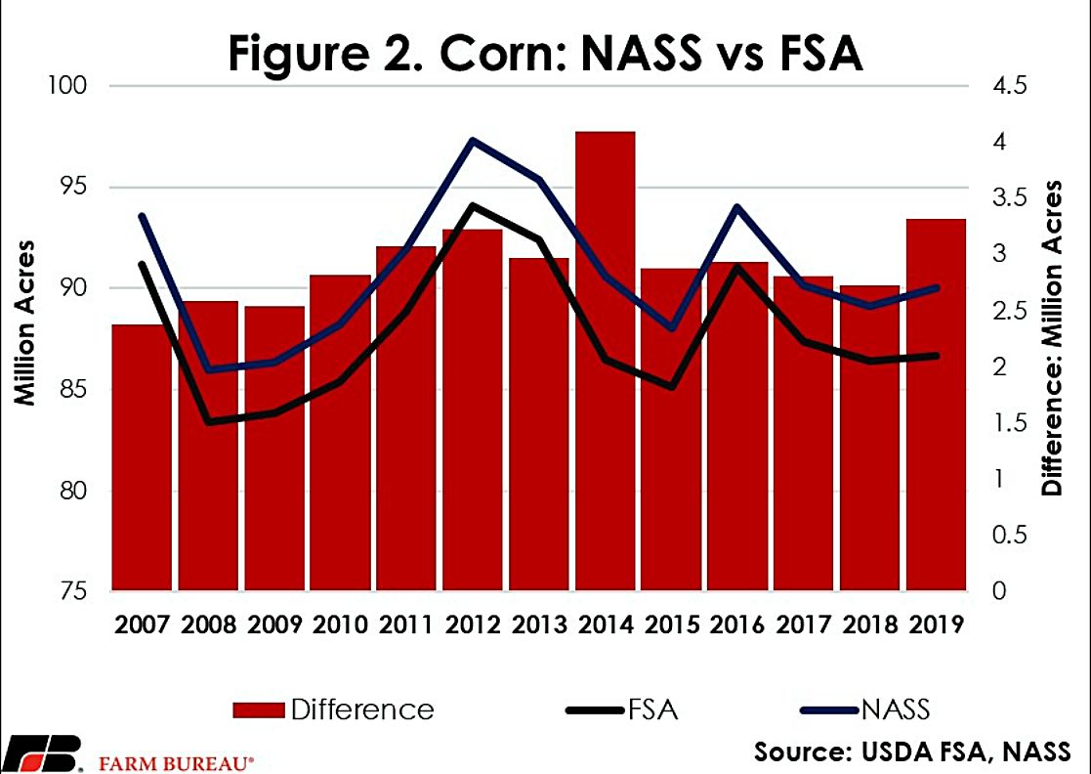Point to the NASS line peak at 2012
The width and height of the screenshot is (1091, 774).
[x=473, y=141]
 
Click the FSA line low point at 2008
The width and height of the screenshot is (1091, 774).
[x=208, y=421]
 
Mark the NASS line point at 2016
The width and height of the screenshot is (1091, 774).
[x=738, y=206]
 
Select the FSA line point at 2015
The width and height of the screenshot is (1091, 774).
[x=672, y=387]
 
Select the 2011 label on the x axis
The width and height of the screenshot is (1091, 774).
[x=406, y=623]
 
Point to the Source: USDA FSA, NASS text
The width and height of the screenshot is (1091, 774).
[x=911, y=752]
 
